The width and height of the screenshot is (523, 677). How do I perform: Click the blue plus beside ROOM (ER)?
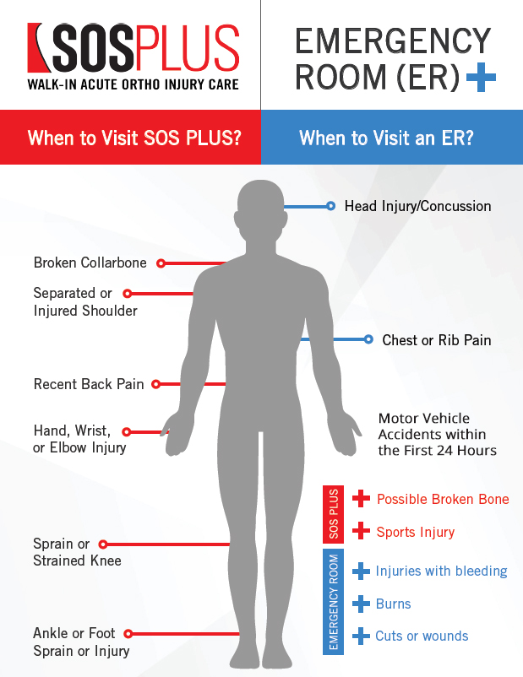click(x=481, y=79)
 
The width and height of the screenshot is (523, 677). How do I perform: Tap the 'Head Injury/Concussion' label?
click(x=417, y=206)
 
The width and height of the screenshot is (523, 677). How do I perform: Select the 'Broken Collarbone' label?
click(x=90, y=263)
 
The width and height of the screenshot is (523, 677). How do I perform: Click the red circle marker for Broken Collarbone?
click(x=161, y=263)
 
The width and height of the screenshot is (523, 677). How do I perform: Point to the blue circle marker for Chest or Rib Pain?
click(x=368, y=339)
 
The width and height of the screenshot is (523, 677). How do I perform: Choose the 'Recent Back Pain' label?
click(x=89, y=384)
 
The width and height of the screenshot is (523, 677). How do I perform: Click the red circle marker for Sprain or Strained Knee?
click(x=105, y=544)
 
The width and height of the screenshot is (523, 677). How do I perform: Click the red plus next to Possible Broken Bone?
click(x=362, y=498)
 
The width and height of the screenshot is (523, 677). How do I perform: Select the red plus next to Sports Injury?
click(x=362, y=531)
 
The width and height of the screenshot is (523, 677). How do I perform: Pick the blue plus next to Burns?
click(x=362, y=604)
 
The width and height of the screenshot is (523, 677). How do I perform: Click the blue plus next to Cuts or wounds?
click(x=362, y=636)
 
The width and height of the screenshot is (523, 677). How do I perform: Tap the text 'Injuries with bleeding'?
click(x=441, y=571)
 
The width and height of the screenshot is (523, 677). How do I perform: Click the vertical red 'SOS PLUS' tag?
click(x=333, y=514)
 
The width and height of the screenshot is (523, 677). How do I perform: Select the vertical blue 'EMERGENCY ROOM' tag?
click(x=333, y=601)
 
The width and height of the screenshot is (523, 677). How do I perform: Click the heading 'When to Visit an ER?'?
click(x=386, y=138)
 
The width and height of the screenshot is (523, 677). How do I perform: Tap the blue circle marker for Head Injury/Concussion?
click(x=330, y=206)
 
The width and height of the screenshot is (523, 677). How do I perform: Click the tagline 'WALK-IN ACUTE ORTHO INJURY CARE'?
click(x=133, y=84)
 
